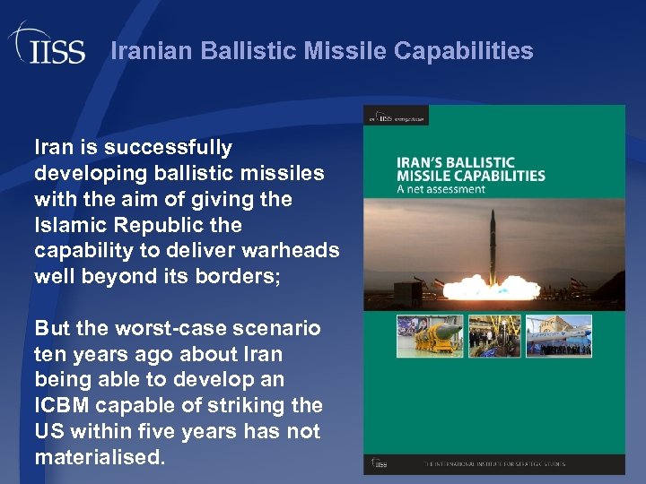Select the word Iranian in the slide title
pyautogui.click(x=153, y=51)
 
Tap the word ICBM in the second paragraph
pyautogui.click(x=64, y=406)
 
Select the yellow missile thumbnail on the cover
pyautogui.click(x=429, y=336)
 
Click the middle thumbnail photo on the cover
pyautogui.click(x=493, y=336)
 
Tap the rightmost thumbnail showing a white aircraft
pyautogui.click(x=559, y=336)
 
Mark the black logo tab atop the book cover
pyautogui.click(x=395, y=116)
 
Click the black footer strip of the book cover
pyautogui.click(x=494, y=464)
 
